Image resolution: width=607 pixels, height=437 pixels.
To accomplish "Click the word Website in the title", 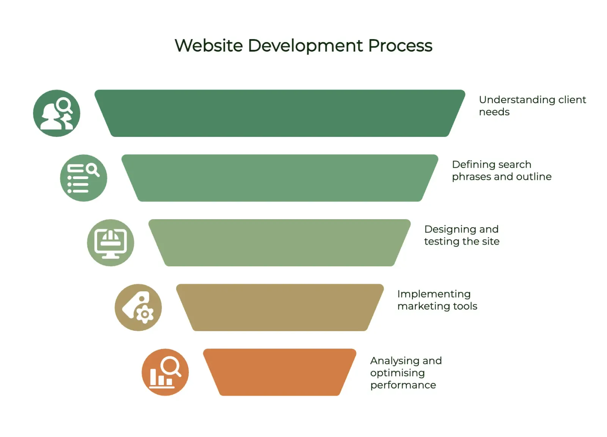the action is pos(209,46).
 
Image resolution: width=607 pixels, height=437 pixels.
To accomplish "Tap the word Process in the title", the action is pos(400,46).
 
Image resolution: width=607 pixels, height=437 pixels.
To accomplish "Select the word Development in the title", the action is pos(305,46).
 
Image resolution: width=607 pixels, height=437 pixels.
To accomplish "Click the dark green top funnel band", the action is pos(280,113).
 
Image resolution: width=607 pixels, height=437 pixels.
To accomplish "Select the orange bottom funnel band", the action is pos(280,372).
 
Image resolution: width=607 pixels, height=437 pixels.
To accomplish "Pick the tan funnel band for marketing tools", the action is pos(280,308).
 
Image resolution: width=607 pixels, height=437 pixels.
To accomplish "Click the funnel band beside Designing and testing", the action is pos(280,243).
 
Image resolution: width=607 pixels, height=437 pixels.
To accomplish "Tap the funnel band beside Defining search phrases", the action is pos(280,178).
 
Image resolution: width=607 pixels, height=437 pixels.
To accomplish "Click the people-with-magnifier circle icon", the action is pos(57,113).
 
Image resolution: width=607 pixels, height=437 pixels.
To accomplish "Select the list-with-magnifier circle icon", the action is pos(84,178).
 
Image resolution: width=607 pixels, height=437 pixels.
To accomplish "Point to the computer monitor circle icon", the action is pos(110,243).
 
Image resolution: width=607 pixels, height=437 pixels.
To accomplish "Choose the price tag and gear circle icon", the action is pos(138,308).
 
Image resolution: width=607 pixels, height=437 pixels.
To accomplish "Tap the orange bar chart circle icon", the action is pos(165,372).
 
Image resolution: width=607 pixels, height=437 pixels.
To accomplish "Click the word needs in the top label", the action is pos(494,112).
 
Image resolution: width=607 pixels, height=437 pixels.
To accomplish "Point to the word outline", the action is pos(534,177).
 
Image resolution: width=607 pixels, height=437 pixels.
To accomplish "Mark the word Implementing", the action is pos(434,294).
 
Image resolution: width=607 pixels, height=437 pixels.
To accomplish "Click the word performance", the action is pos(403,385).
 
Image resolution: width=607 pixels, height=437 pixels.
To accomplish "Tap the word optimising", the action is pos(398,373).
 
